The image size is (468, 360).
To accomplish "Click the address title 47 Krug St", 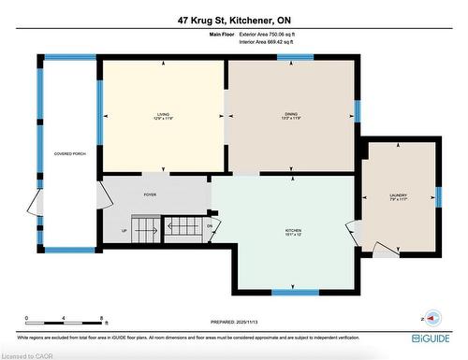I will (x=233, y=20).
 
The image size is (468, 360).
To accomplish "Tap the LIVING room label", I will (x=163, y=113).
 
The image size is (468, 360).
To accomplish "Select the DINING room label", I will (x=291, y=113).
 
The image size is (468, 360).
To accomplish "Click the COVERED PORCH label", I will (x=70, y=152).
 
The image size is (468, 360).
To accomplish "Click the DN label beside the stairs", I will (x=211, y=225).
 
